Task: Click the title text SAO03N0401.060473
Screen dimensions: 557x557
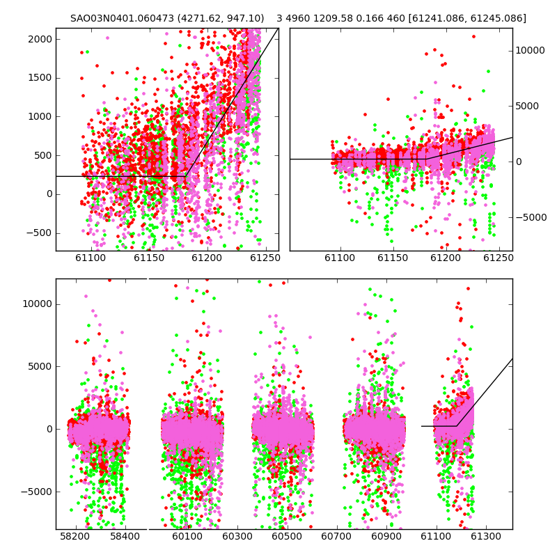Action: [x=123, y=18]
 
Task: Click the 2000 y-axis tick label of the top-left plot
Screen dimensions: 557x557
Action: [x=40, y=39]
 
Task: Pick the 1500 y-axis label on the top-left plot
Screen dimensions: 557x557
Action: [x=40, y=78]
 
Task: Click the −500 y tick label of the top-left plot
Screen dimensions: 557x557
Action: [x=40, y=233]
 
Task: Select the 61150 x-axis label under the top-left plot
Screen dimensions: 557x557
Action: [x=149, y=258]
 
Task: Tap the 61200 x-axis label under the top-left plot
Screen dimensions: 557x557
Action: [x=207, y=258]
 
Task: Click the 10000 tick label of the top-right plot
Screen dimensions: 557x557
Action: [x=530, y=50]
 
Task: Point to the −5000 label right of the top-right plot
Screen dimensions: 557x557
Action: [x=531, y=217]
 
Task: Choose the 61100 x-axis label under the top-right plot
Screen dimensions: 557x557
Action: [x=340, y=258]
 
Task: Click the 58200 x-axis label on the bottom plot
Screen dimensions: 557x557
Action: [x=75, y=536]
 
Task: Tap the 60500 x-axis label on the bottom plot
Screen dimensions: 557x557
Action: [x=287, y=536]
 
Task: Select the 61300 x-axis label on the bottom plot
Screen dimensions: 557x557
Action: [x=485, y=536]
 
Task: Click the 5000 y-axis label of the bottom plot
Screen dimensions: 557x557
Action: [x=40, y=367]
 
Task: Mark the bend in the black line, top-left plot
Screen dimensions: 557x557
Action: [x=186, y=176]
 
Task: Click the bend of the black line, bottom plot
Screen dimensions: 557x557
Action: [x=457, y=425]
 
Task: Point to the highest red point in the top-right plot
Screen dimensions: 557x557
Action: [x=473, y=37]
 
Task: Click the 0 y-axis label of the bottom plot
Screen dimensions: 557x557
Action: [x=49, y=429]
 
